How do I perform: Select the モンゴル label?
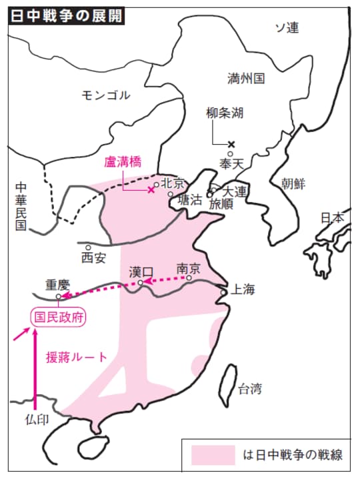(x=105, y=94)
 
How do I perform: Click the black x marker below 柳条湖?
(x=231, y=144)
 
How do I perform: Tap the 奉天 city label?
(x=231, y=162)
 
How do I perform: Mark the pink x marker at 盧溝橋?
(x=151, y=190)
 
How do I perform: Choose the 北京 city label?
(x=172, y=181)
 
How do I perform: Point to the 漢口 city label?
(x=141, y=272)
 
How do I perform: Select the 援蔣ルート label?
(x=76, y=357)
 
